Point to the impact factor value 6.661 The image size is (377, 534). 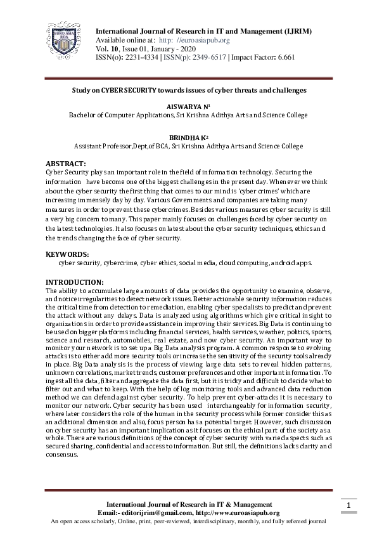point(283,56)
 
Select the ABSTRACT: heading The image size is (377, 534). point(67,164)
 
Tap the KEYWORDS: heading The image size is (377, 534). point(67,254)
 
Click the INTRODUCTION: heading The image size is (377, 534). point(75,282)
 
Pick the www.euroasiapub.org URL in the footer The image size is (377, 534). point(240,512)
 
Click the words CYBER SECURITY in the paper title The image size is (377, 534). point(127,90)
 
